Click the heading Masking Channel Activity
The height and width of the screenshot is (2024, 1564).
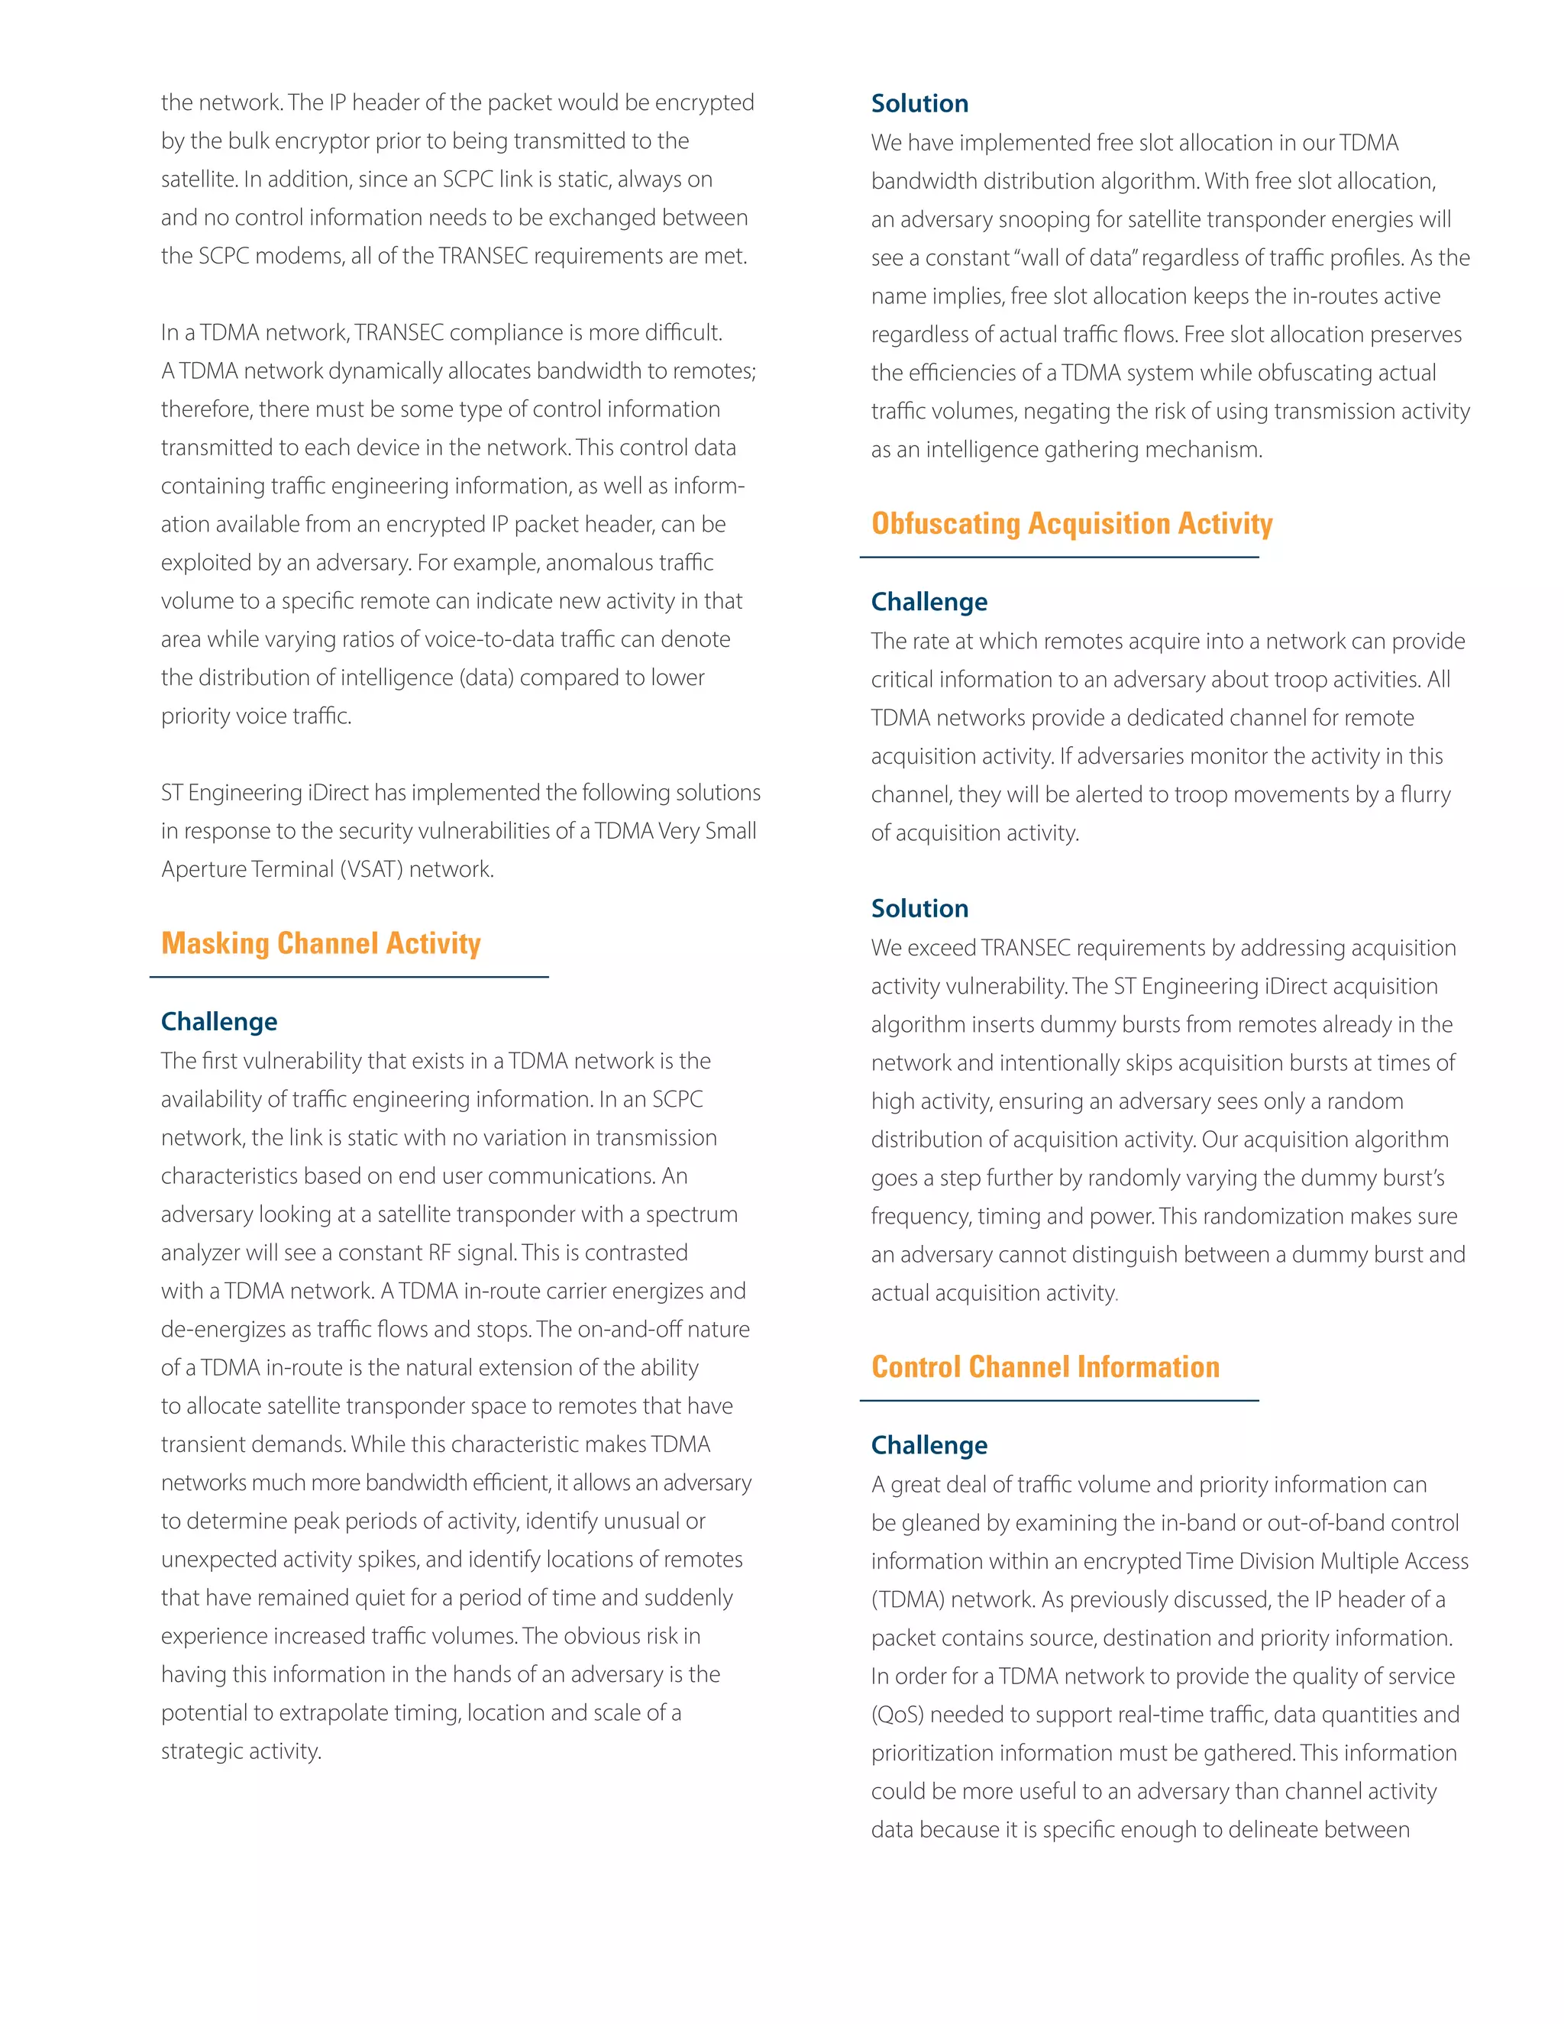(321, 943)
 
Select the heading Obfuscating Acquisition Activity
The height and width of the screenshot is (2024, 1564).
(1071, 524)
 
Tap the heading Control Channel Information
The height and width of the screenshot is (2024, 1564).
(1045, 1367)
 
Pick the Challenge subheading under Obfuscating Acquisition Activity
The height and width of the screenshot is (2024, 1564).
(929, 601)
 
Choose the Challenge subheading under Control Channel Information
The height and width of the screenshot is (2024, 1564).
(929, 1445)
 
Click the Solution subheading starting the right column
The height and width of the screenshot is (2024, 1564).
(919, 103)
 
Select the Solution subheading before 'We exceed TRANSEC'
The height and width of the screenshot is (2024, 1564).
(919, 908)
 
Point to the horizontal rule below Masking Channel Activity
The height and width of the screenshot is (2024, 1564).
(348, 977)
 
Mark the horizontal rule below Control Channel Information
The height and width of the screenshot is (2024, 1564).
(1058, 1400)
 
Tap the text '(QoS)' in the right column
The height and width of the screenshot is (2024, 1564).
(897, 1715)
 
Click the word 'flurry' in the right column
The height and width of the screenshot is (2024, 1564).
(1426, 794)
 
